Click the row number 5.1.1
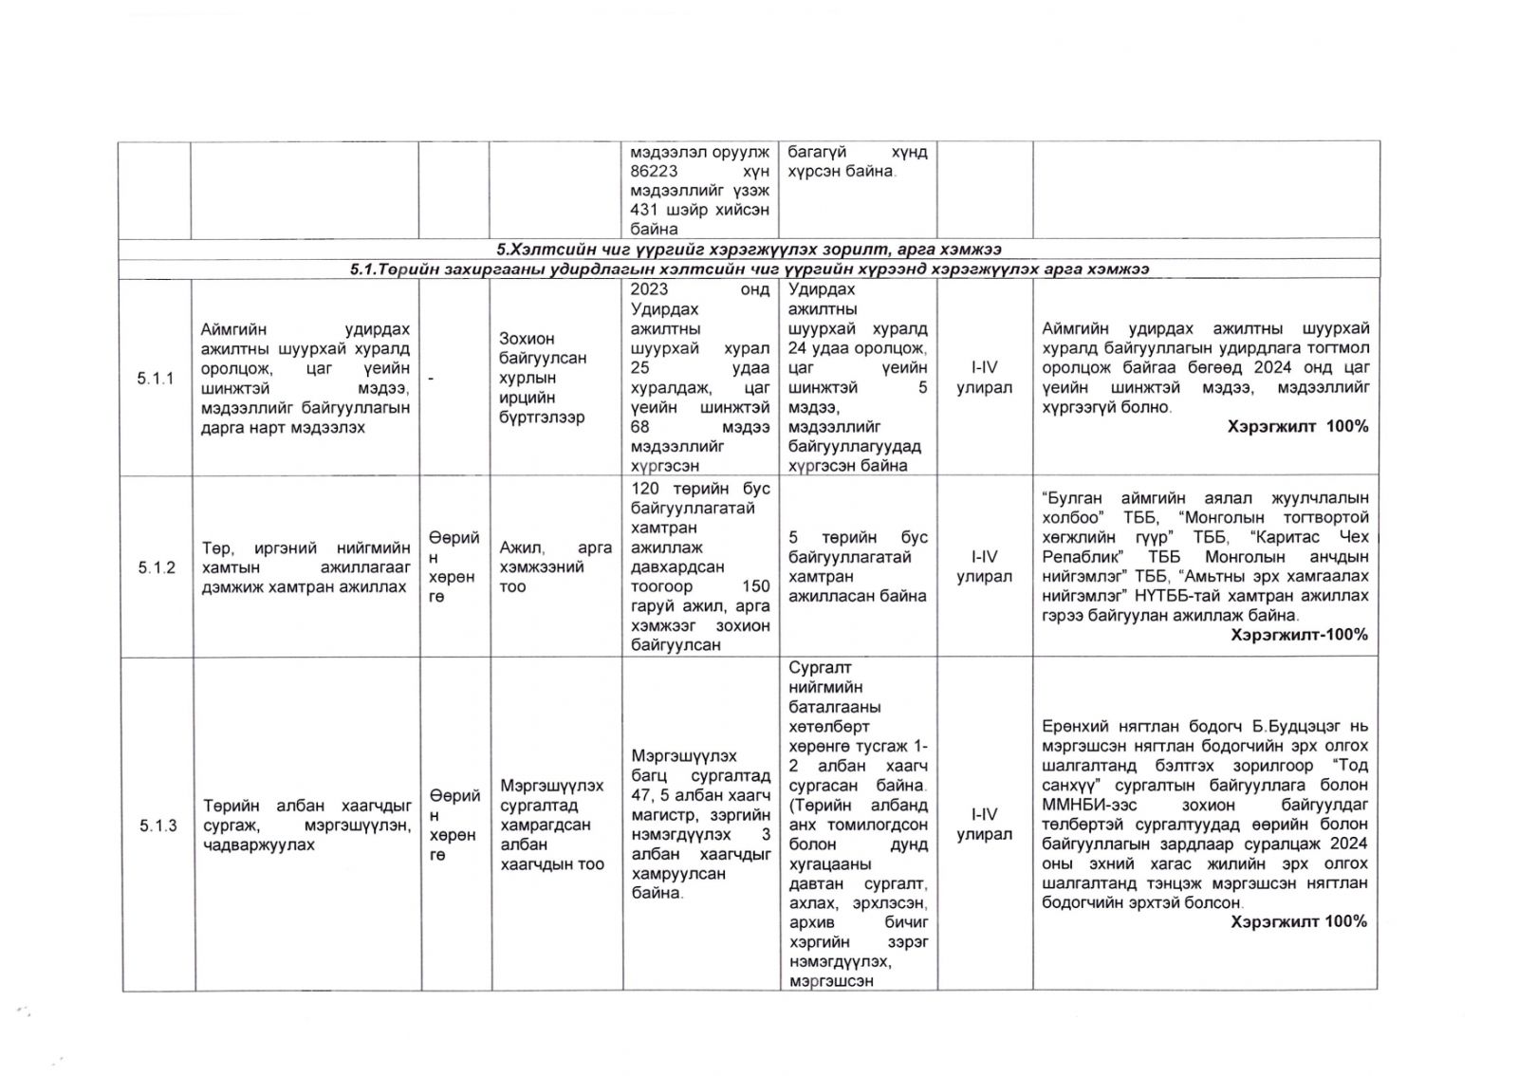click(x=156, y=379)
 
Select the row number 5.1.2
click(x=157, y=567)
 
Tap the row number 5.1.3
click(x=157, y=826)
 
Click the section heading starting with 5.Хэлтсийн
click(x=749, y=250)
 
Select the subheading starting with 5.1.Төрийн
click(x=749, y=269)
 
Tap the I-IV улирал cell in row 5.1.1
click(x=984, y=378)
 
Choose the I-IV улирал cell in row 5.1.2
click(x=984, y=566)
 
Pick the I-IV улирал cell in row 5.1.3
click(x=984, y=825)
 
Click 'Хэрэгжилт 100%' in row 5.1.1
click(x=1297, y=427)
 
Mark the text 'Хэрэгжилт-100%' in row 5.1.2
click(x=1299, y=635)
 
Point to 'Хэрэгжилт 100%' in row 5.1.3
click(x=1298, y=921)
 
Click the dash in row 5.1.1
click(x=431, y=379)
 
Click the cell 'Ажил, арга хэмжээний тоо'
click(x=555, y=567)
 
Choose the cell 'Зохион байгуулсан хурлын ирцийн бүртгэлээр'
click(x=543, y=378)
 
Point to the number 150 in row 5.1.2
click(x=755, y=586)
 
